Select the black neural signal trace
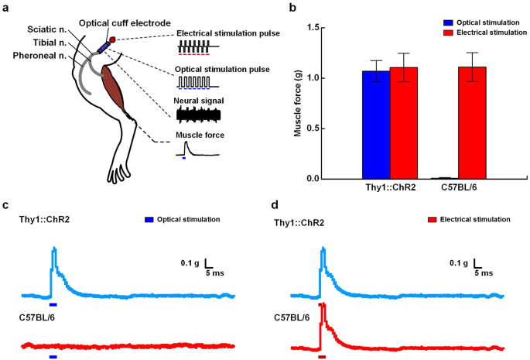point(199,115)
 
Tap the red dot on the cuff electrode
point(112,39)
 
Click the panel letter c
point(6,205)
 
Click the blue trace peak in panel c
point(53,249)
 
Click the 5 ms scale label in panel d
point(483,273)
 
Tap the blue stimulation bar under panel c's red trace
point(53,357)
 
